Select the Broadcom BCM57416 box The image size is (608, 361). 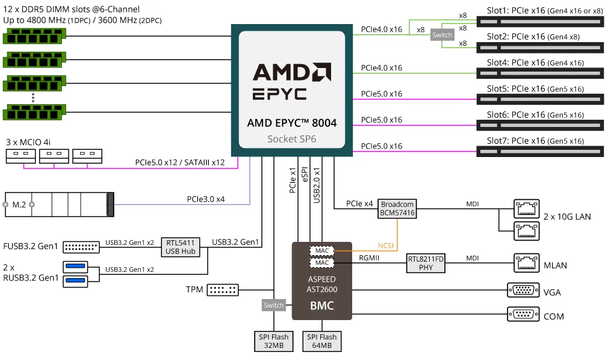click(397, 209)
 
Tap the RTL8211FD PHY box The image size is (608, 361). click(426, 263)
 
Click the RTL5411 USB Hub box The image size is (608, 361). click(180, 247)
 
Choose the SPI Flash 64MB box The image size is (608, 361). click(320, 341)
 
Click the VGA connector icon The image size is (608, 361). click(523, 291)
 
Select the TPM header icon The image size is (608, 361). click(223, 290)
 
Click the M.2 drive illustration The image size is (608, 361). click(59, 205)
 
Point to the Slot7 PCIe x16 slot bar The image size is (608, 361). click(539, 152)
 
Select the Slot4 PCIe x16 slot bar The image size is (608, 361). click(539, 73)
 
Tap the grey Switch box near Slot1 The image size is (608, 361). click(442, 35)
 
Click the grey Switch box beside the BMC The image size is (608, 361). click(274, 305)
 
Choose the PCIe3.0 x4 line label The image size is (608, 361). click(206, 199)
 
